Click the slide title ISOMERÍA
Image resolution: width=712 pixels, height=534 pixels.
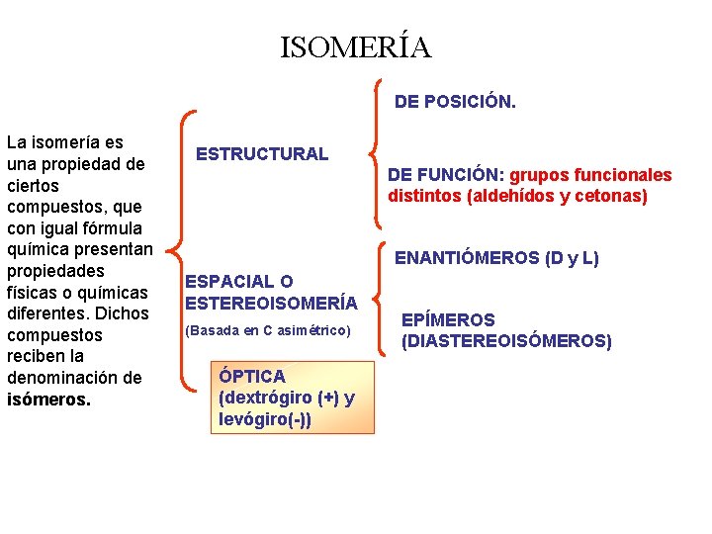tap(356, 47)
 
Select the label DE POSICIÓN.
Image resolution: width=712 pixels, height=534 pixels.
tap(455, 101)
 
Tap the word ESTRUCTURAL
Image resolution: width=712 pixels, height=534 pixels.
tap(262, 153)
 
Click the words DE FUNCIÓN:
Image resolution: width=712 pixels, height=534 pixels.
tap(446, 175)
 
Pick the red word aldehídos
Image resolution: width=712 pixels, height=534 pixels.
tap(511, 196)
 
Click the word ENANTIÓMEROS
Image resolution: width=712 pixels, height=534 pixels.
tap(468, 259)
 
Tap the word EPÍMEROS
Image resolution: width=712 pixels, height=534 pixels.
tap(448, 320)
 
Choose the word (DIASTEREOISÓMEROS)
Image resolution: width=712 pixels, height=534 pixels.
tap(506, 341)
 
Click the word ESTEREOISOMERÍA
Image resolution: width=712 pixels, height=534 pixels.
tap(271, 302)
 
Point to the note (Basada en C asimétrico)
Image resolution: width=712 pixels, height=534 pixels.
tap(268, 330)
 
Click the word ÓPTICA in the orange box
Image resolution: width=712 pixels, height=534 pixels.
tap(252, 377)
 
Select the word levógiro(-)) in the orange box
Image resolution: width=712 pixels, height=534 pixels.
tap(265, 419)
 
